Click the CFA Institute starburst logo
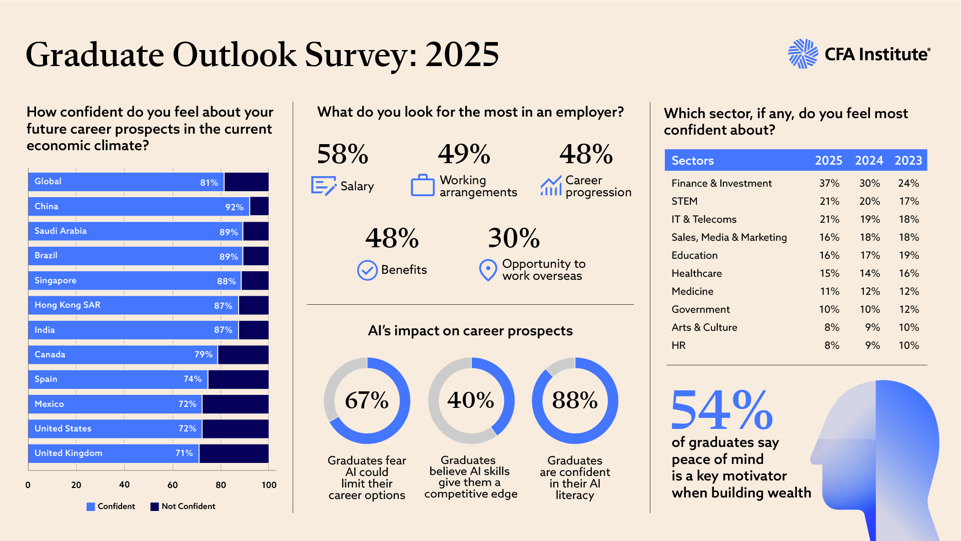802,54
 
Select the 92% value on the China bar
234,207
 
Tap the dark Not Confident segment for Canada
243,355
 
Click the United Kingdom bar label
69,453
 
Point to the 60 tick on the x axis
173,485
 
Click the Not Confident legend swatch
155,507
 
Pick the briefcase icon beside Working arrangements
423,186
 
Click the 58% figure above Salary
343,154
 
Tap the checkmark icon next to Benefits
367,270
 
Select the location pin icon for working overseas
488,270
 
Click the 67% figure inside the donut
367,400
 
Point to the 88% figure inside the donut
575,400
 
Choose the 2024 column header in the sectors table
869,161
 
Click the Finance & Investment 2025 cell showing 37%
829,184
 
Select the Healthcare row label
696,274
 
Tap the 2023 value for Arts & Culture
908,328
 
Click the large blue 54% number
721,410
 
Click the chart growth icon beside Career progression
551,186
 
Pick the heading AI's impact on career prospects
470,331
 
